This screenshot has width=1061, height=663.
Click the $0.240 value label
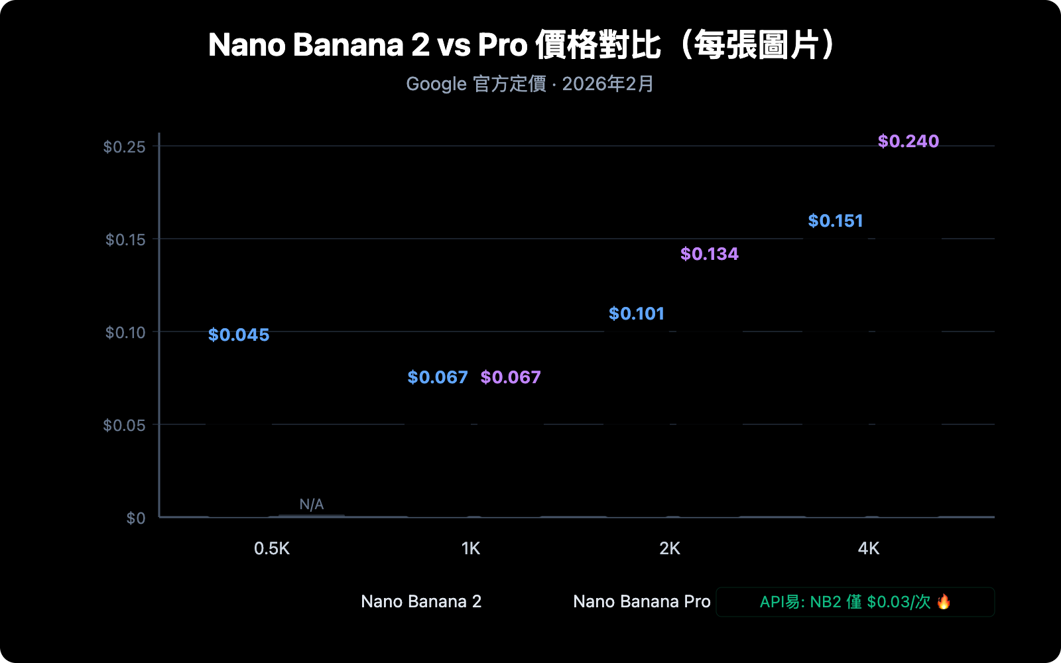click(908, 141)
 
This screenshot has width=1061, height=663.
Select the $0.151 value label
click(836, 221)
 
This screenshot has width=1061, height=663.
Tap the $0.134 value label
click(709, 254)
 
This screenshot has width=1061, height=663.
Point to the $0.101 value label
click(637, 314)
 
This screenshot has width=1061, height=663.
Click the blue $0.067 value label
click(438, 377)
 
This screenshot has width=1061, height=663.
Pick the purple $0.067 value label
click(511, 377)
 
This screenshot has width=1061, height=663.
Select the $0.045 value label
click(239, 335)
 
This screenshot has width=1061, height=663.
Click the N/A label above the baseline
click(311, 505)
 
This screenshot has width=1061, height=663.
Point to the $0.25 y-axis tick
click(124, 147)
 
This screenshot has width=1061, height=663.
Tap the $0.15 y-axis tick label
click(125, 239)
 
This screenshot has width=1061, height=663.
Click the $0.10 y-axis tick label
click(125, 332)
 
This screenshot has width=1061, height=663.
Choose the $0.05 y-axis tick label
click(124, 425)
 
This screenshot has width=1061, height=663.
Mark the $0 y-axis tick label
click(136, 518)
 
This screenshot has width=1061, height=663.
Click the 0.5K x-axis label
click(272, 548)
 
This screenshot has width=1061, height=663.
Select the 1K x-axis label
click(471, 548)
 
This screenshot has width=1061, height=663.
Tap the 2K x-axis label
click(670, 548)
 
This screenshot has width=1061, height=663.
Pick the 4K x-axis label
click(869, 548)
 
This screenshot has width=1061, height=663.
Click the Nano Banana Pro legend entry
click(641, 601)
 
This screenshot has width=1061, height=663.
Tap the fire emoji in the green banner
click(944, 601)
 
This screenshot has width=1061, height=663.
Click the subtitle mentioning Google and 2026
click(530, 84)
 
